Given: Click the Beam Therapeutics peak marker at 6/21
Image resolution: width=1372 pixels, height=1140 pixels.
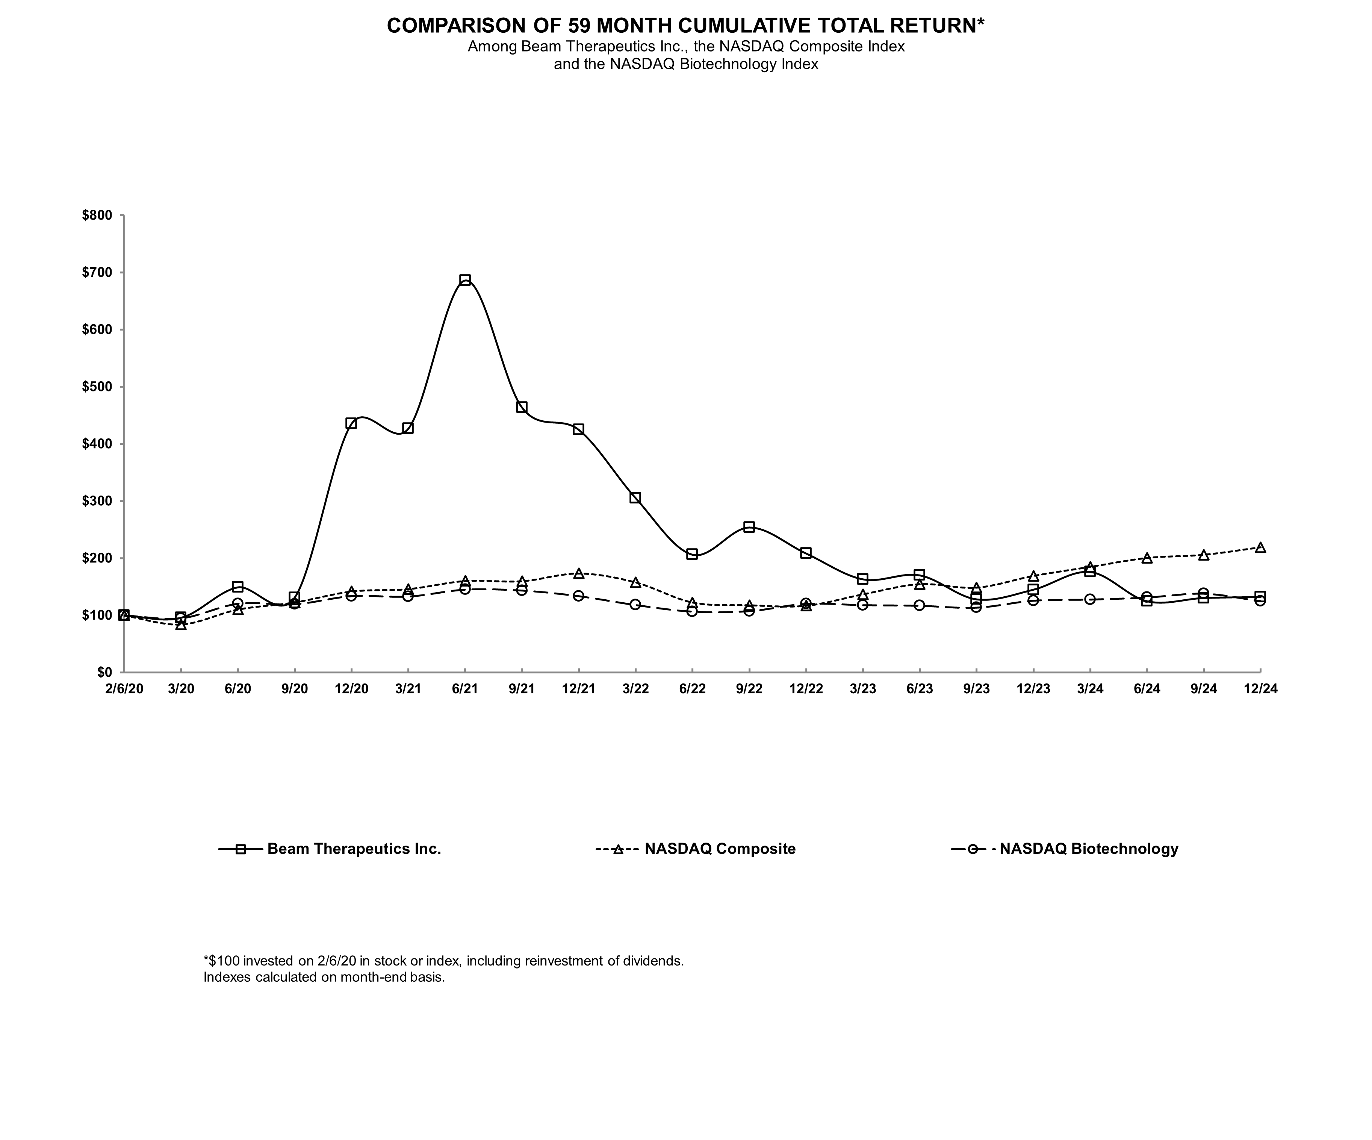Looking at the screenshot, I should coord(464,280).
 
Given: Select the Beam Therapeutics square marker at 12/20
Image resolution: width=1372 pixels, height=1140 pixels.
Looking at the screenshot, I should coord(351,423).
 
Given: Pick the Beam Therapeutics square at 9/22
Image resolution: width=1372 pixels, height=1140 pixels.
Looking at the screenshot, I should coord(749,527).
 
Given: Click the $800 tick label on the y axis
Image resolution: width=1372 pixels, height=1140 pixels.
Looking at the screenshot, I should coord(97,216).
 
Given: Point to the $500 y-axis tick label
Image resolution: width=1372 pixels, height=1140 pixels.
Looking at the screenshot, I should coord(97,387).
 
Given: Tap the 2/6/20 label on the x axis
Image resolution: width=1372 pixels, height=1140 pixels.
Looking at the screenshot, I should coord(124,689).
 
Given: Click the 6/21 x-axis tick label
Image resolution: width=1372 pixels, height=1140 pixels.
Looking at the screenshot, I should coord(464,689).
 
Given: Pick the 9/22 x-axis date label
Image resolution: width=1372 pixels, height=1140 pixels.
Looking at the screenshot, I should coord(749,689).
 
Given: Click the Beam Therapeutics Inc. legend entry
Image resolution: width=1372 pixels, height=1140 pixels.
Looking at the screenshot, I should coord(354,849).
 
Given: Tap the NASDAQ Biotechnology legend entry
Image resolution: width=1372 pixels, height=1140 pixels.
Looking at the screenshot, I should coord(1088,849).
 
